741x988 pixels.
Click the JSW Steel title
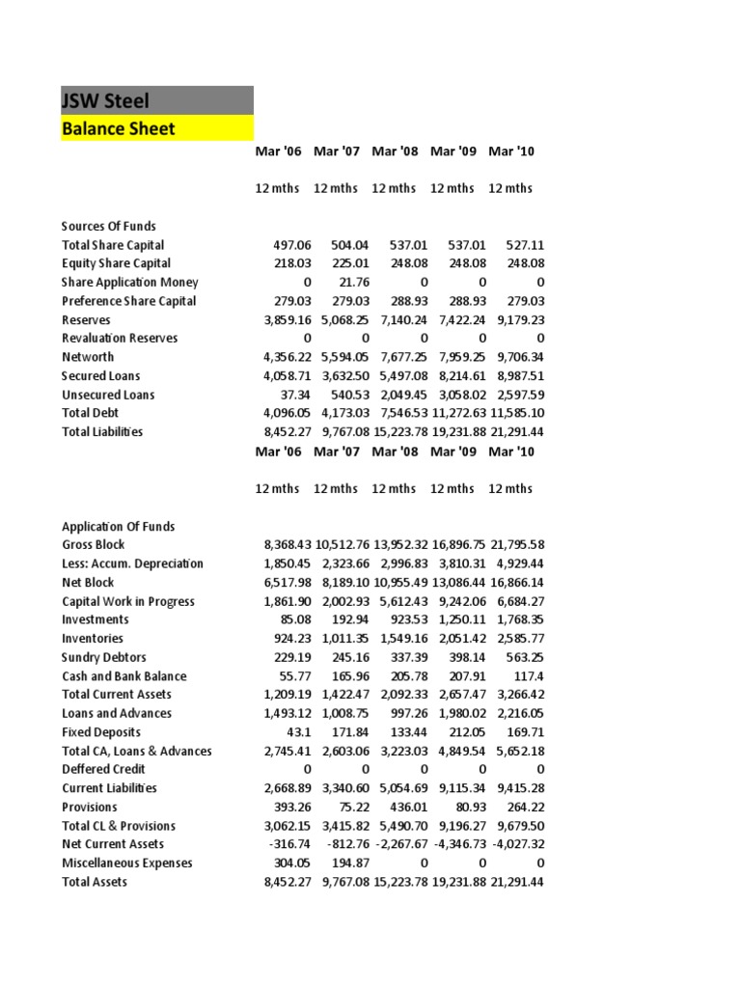point(106,100)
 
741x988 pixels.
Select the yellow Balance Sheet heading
point(119,128)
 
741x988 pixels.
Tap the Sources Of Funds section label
point(109,226)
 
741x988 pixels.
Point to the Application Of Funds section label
point(119,526)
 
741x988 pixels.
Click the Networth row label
point(88,357)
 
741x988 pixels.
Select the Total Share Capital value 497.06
point(286,245)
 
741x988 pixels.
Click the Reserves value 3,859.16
point(281,319)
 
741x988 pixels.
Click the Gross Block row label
point(94,545)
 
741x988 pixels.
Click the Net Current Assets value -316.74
point(284,844)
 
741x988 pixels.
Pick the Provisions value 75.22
point(350,807)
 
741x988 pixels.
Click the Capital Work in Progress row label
point(128,601)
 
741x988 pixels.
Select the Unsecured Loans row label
point(108,395)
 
